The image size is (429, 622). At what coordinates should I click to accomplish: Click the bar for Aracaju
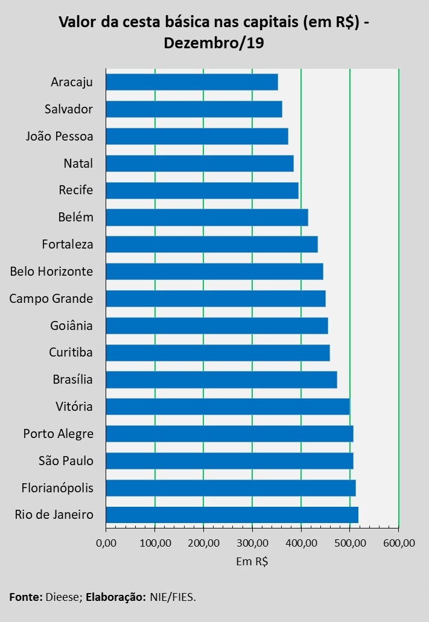click(x=192, y=82)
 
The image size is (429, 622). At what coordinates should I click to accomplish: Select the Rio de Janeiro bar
click(x=232, y=515)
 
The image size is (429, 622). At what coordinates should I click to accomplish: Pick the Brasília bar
click(x=221, y=379)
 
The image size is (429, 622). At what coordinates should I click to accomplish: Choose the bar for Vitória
click(x=227, y=407)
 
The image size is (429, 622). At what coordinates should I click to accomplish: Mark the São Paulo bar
click(x=229, y=461)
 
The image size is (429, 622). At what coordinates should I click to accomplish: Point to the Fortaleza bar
click(x=212, y=244)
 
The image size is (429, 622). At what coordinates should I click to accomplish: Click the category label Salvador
click(x=69, y=109)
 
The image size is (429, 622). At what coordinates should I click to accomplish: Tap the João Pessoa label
click(x=60, y=136)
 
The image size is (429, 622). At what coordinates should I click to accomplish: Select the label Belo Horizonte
click(x=52, y=271)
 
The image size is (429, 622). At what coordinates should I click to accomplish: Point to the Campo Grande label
click(x=51, y=299)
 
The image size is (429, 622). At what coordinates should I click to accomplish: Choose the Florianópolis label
click(x=57, y=487)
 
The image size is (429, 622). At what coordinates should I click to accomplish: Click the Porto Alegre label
click(x=59, y=434)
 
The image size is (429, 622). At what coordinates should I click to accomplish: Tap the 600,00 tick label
click(x=399, y=542)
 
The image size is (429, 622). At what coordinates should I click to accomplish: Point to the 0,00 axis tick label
click(x=106, y=542)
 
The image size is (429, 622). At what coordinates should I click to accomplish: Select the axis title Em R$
click(x=252, y=562)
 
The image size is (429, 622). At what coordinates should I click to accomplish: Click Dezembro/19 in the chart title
click(x=214, y=43)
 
